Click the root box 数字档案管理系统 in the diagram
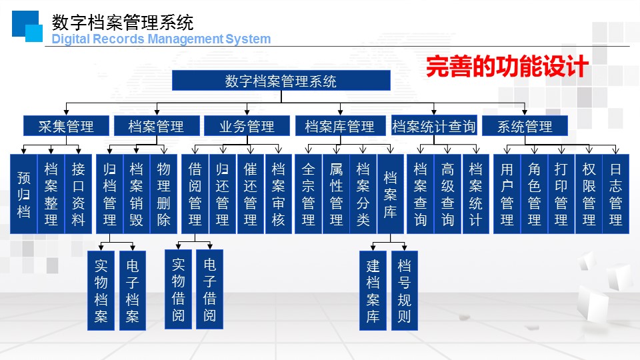pos(281,81)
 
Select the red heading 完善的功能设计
pos(506,67)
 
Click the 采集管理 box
pos(65,125)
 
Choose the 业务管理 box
pos(247,125)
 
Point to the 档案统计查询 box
pos(434,125)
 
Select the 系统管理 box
pos(525,125)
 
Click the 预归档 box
pos(23,194)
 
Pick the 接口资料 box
pos(79,194)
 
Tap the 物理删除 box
pos(164,194)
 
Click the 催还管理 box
pos(251,194)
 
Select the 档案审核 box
pos(279,194)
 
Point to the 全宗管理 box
pos(308,194)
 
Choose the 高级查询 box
pos(448,194)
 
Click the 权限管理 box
pos(589,194)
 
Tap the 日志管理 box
pos(616,194)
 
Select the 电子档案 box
pos(132,291)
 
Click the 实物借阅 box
pos(178,289)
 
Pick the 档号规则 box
pos(404,291)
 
